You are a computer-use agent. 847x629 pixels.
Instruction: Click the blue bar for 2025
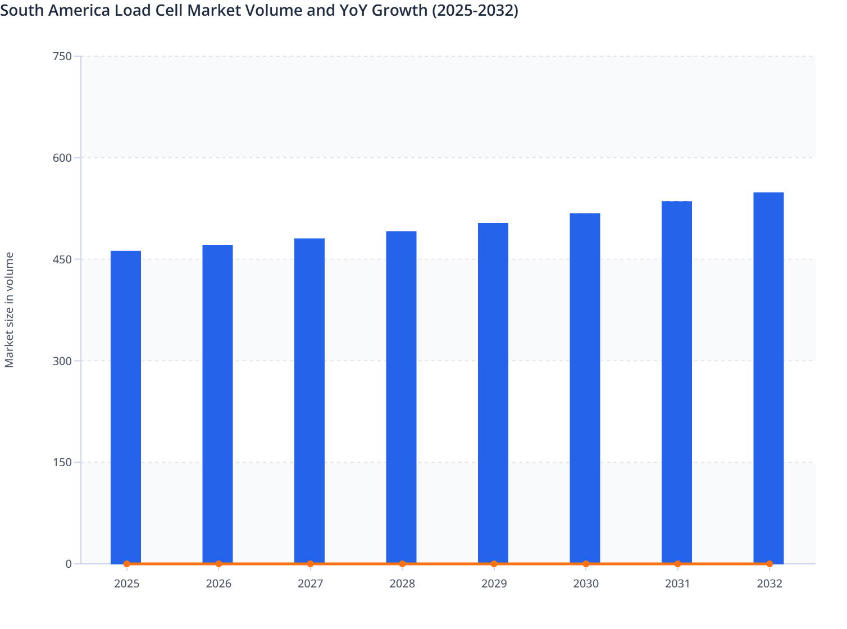point(126,407)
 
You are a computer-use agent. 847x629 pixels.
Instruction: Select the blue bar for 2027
point(309,401)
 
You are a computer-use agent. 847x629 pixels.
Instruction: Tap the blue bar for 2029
point(493,393)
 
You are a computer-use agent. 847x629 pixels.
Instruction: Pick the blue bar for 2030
point(585,388)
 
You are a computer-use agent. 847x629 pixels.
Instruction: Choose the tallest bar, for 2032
point(768,378)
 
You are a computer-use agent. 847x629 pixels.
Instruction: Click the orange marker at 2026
point(218,564)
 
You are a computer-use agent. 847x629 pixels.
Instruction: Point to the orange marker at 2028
point(402,564)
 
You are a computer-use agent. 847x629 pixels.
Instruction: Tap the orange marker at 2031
point(677,564)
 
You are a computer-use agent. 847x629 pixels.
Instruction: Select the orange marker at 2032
point(769,564)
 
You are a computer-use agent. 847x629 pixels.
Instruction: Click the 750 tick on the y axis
point(62,56)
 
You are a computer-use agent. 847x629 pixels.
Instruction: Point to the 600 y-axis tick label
point(62,158)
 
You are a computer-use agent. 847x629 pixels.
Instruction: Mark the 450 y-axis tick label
point(62,259)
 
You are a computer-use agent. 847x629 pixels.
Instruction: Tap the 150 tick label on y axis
point(62,462)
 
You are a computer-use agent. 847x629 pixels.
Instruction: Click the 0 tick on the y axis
point(69,564)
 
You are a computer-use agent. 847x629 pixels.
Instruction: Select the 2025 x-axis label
point(127,584)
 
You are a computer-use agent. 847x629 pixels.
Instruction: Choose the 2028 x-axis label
point(402,584)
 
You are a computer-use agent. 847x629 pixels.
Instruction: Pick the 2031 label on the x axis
point(677,584)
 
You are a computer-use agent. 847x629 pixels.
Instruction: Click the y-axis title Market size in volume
point(10,310)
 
